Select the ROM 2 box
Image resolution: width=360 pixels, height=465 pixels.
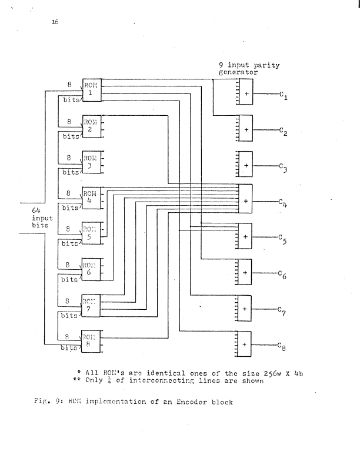pyautogui.click(x=91, y=126)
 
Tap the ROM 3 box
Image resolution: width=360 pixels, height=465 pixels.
pyautogui.click(x=91, y=162)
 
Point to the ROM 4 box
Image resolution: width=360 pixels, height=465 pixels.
pyautogui.click(x=91, y=198)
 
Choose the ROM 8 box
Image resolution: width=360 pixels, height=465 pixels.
pyautogui.click(x=91, y=342)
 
